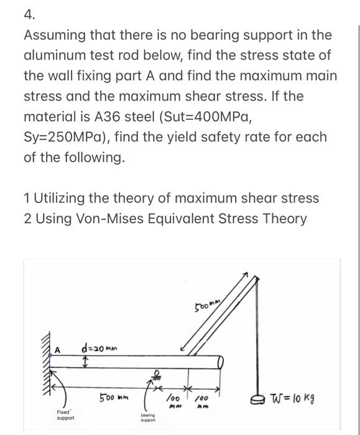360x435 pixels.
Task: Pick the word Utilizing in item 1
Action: [62, 198]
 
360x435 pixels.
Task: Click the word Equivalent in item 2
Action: [177, 219]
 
